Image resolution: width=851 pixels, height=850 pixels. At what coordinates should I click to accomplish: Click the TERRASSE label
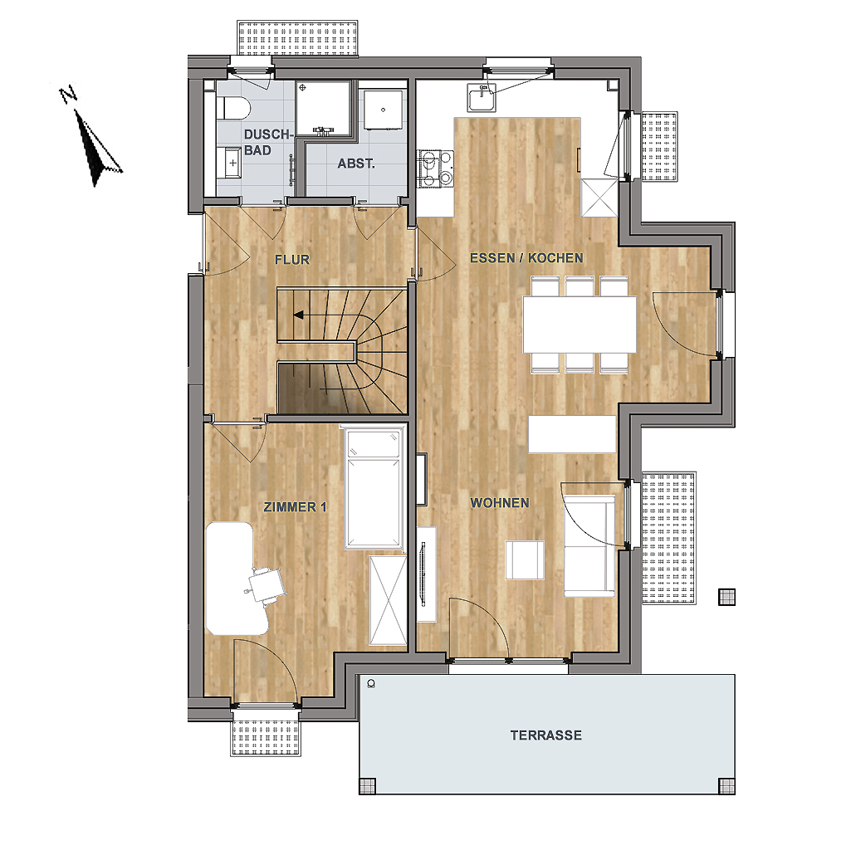point(546,735)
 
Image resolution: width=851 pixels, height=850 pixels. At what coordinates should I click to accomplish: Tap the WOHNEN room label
point(499,503)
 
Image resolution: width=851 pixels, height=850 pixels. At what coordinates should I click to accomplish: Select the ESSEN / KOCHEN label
point(526,258)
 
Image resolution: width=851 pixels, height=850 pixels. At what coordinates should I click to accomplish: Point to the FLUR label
point(292,260)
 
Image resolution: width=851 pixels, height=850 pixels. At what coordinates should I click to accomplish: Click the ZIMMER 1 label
point(296,507)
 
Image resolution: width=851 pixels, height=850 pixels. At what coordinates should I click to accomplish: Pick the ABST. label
point(356,164)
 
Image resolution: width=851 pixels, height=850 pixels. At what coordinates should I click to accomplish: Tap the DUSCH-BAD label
point(268,142)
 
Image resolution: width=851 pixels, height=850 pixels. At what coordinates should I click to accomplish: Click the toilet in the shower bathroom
point(232,108)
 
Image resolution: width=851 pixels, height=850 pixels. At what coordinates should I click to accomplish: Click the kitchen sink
point(482,98)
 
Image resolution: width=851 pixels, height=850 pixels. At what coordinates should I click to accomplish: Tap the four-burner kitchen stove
point(435,169)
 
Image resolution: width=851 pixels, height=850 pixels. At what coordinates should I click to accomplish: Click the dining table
point(580,324)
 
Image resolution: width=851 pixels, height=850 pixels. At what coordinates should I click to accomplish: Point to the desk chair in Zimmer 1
point(266,584)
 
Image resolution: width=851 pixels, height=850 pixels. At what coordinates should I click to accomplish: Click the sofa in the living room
point(589,546)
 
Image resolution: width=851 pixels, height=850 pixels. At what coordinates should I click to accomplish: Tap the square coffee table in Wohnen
point(525,560)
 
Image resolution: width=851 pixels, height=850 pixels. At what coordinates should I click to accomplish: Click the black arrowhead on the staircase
point(299,315)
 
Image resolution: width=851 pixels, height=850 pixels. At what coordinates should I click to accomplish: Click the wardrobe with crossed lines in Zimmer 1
point(388,600)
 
